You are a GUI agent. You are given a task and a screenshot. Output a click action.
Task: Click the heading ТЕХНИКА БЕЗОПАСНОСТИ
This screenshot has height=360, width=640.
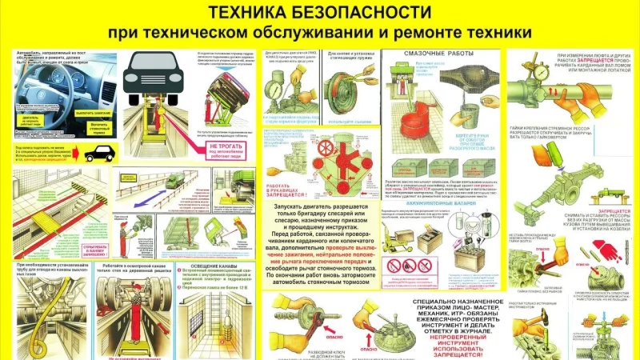pyautogui.click(x=320, y=13)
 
